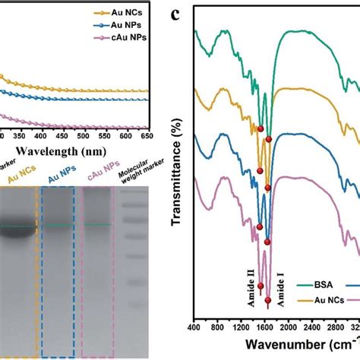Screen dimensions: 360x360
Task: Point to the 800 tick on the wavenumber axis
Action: [217, 328]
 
